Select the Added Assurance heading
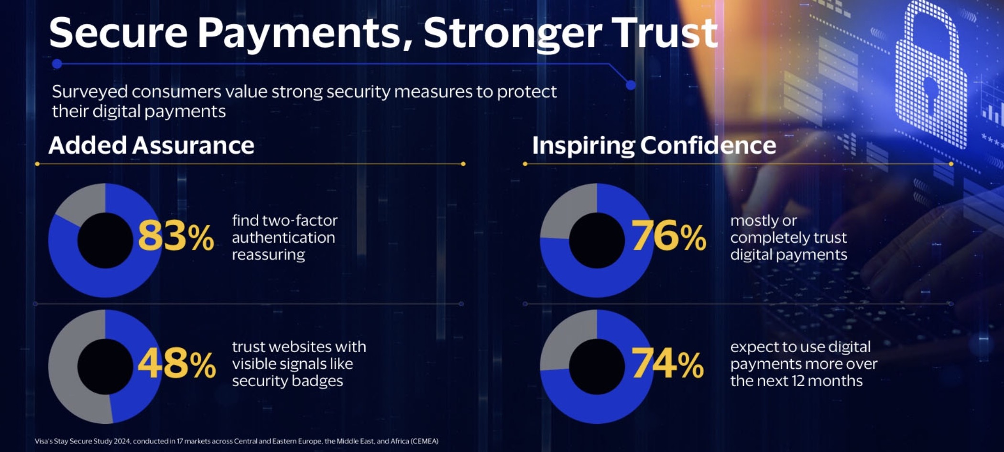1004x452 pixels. tap(151, 145)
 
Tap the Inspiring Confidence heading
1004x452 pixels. tap(654, 145)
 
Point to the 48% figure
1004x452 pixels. tap(176, 364)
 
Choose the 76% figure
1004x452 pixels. tap(668, 236)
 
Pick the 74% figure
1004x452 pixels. tap(667, 364)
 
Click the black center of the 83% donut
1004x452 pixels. tap(105, 240)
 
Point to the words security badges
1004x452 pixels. tap(287, 381)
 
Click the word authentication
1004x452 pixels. tap(283, 237)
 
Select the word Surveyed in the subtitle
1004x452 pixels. tap(89, 91)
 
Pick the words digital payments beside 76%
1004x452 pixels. tap(788, 255)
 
